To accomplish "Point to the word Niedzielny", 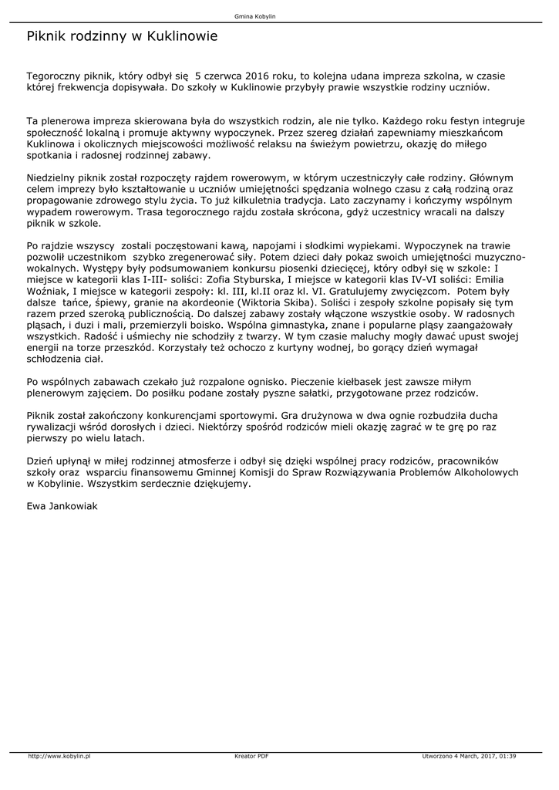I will pos(53,177).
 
